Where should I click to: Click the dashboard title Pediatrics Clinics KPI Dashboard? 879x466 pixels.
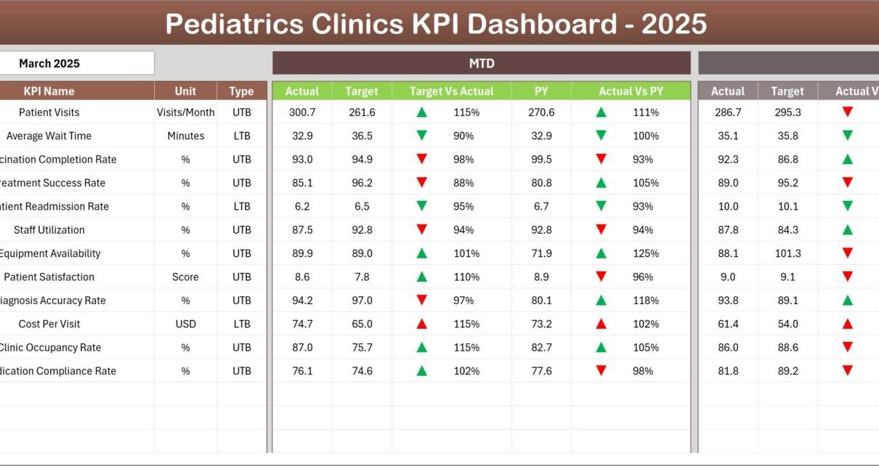pyautogui.click(x=436, y=24)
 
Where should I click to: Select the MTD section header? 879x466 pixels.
pyautogui.click(x=481, y=63)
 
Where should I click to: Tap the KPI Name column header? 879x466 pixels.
pyautogui.click(x=49, y=91)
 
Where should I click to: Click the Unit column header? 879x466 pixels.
pyautogui.click(x=185, y=91)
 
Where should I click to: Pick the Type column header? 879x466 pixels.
pyautogui.click(x=241, y=91)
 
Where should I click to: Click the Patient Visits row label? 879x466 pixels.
pyautogui.click(x=49, y=113)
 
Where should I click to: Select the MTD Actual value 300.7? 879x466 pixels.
pyautogui.click(x=302, y=113)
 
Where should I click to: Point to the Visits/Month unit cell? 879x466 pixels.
pyautogui.click(x=185, y=113)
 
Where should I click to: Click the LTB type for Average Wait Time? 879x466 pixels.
pyautogui.click(x=241, y=136)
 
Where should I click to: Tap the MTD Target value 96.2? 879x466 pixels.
pyautogui.click(x=362, y=183)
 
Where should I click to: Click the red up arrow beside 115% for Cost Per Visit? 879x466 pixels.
pyautogui.click(x=421, y=324)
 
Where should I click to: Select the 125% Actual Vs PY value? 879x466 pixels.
pyautogui.click(x=645, y=253)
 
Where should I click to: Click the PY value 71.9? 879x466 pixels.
pyautogui.click(x=541, y=253)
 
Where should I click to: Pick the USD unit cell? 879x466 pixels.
pyautogui.click(x=185, y=324)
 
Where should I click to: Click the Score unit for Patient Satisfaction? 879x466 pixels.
pyautogui.click(x=185, y=277)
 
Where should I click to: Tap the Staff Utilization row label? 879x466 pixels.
pyautogui.click(x=49, y=230)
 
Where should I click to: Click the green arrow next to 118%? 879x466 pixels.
pyautogui.click(x=601, y=301)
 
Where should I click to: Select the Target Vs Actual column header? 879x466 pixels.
pyautogui.click(x=451, y=91)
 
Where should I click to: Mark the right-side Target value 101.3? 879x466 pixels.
pyautogui.click(x=787, y=253)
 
